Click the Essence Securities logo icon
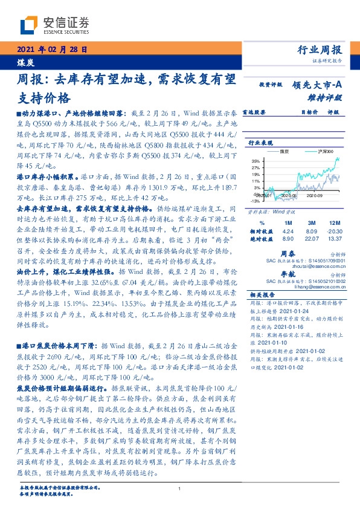[x=30, y=25]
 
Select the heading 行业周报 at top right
[x=321, y=50]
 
